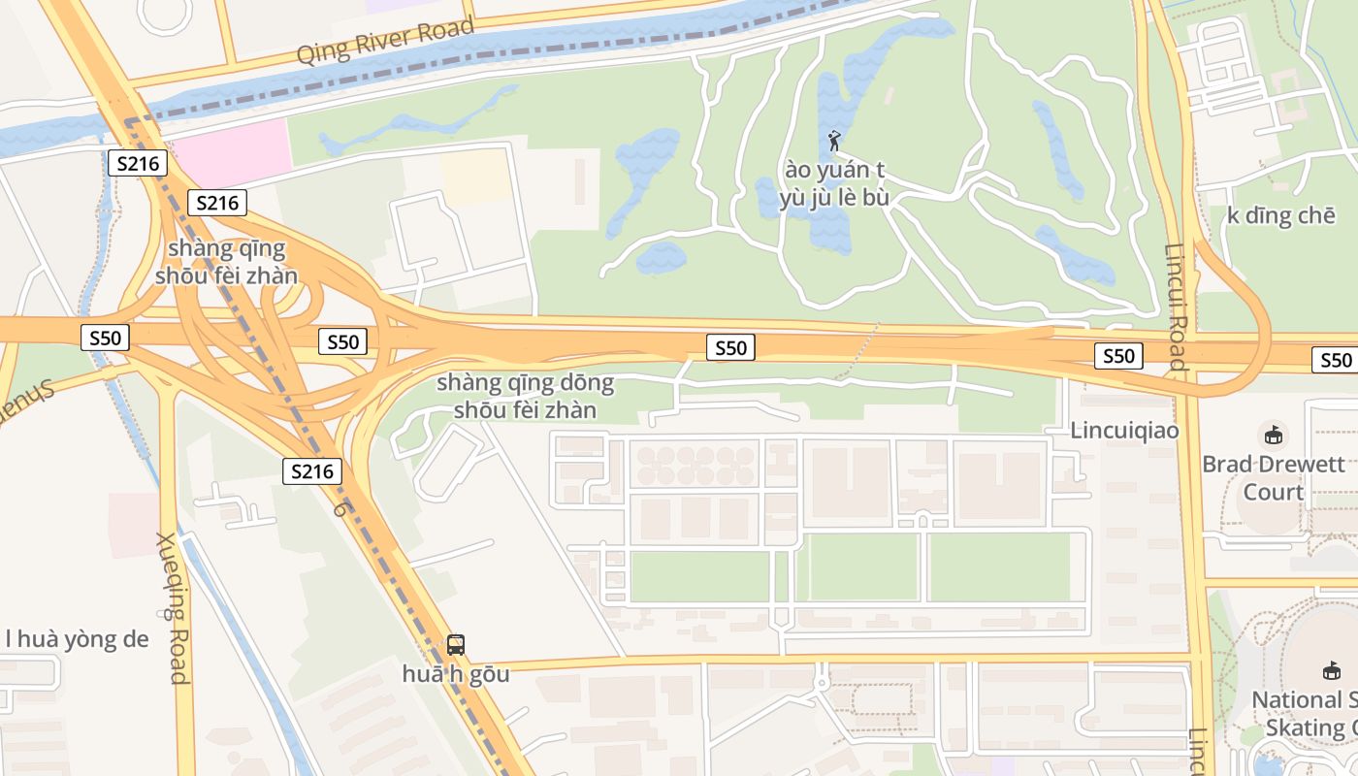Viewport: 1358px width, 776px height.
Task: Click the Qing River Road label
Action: (385, 42)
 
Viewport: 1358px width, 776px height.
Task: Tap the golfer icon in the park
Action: (834, 142)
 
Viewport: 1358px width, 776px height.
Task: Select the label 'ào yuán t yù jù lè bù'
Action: (834, 184)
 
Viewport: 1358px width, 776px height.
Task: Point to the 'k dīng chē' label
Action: (1280, 215)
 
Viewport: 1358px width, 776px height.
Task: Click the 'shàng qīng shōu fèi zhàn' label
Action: (226, 261)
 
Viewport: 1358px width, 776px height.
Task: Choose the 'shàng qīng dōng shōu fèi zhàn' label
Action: (525, 396)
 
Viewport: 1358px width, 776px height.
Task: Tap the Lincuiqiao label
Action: (1124, 430)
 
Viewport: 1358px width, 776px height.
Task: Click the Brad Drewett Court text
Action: (1273, 477)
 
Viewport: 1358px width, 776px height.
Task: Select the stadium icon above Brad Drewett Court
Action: (1273, 435)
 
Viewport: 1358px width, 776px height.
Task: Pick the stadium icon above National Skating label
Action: (1332, 670)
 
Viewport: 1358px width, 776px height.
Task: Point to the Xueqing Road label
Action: (172, 608)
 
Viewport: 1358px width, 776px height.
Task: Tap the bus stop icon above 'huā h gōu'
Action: (455, 644)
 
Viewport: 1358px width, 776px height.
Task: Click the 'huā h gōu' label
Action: (455, 673)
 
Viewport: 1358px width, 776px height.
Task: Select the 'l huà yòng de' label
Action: (77, 638)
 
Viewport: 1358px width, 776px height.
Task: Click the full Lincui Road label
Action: (1175, 307)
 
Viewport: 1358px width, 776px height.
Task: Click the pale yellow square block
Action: (475, 176)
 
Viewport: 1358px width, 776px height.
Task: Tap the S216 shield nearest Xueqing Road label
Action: (312, 472)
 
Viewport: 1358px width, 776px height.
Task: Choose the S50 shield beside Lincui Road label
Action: (1117, 356)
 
